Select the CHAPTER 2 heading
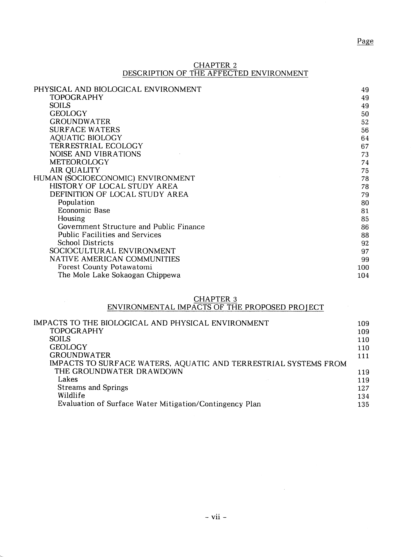[x=215, y=65]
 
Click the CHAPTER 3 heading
[x=215, y=299]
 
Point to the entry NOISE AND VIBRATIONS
[x=95, y=154]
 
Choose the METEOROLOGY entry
[x=79, y=162]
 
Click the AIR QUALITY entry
[x=75, y=170]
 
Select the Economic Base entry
[x=84, y=210]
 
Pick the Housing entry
[x=71, y=218]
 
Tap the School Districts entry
[x=86, y=243]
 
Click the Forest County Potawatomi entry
[x=105, y=267]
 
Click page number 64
[x=365, y=138]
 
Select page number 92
[x=365, y=243]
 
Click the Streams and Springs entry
[x=93, y=387]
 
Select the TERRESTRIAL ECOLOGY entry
[x=96, y=146]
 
